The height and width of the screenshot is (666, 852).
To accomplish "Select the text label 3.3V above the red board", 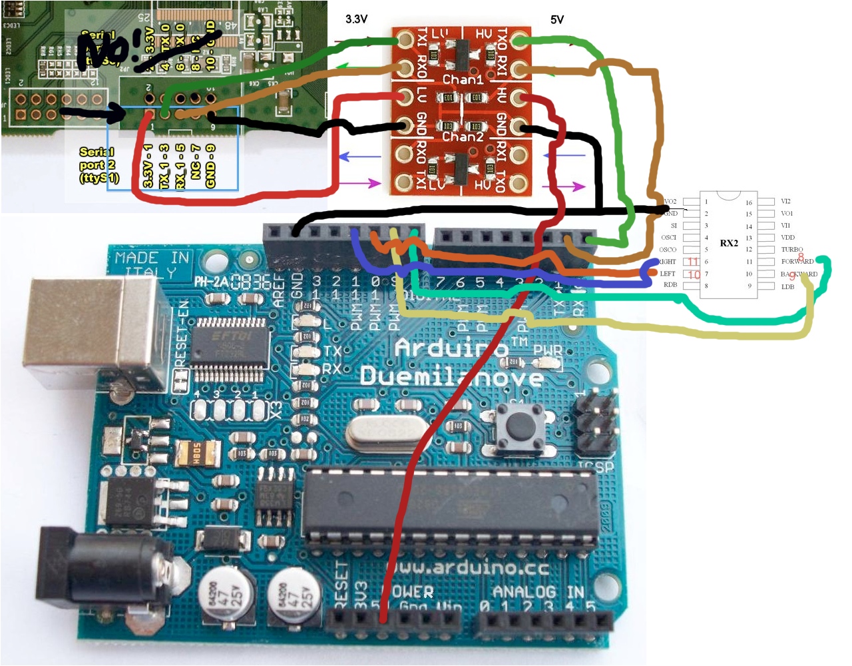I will coord(356,19).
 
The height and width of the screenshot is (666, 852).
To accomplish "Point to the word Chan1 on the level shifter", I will coord(463,80).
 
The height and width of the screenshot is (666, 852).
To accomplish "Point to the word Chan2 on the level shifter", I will coord(463,137).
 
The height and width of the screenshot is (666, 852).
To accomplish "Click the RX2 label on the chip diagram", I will coord(729,243).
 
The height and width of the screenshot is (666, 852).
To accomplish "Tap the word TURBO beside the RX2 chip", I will coord(791,250).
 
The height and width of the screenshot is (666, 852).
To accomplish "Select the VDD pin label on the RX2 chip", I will coord(787,237).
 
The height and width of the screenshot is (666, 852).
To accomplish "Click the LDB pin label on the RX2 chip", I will coord(787,286).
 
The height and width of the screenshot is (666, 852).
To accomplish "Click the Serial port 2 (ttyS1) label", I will coord(97,165).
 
